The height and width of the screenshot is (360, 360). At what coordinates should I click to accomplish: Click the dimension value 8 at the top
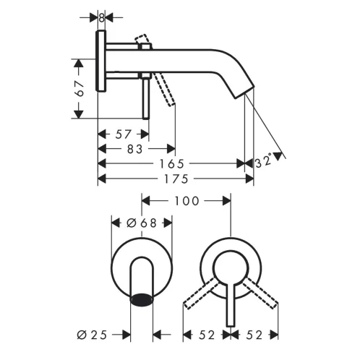pyautogui.click(x=102, y=17)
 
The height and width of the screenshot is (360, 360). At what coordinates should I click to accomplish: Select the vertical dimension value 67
pyautogui.click(x=80, y=89)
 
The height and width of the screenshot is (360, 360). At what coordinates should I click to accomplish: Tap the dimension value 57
pyautogui.click(x=123, y=134)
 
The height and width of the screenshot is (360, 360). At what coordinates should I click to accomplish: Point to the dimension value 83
pyautogui.click(x=134, y=149)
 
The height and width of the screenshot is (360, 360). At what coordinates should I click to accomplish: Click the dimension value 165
pyautogui.click(x=172, y=164)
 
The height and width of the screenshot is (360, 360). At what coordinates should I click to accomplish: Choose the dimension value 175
pyautogui.click(x=176, y=179)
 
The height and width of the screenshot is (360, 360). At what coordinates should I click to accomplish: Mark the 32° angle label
pyautogui.click(x=263, y=160)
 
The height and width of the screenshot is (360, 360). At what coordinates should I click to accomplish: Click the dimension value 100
pyautogui.click(x=187, y=201)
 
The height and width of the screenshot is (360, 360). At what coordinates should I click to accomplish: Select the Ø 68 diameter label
pyautogui.click(x=142, y=223)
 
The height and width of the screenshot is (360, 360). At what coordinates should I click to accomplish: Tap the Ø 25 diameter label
pyautogui.click(x=92, y=335)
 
